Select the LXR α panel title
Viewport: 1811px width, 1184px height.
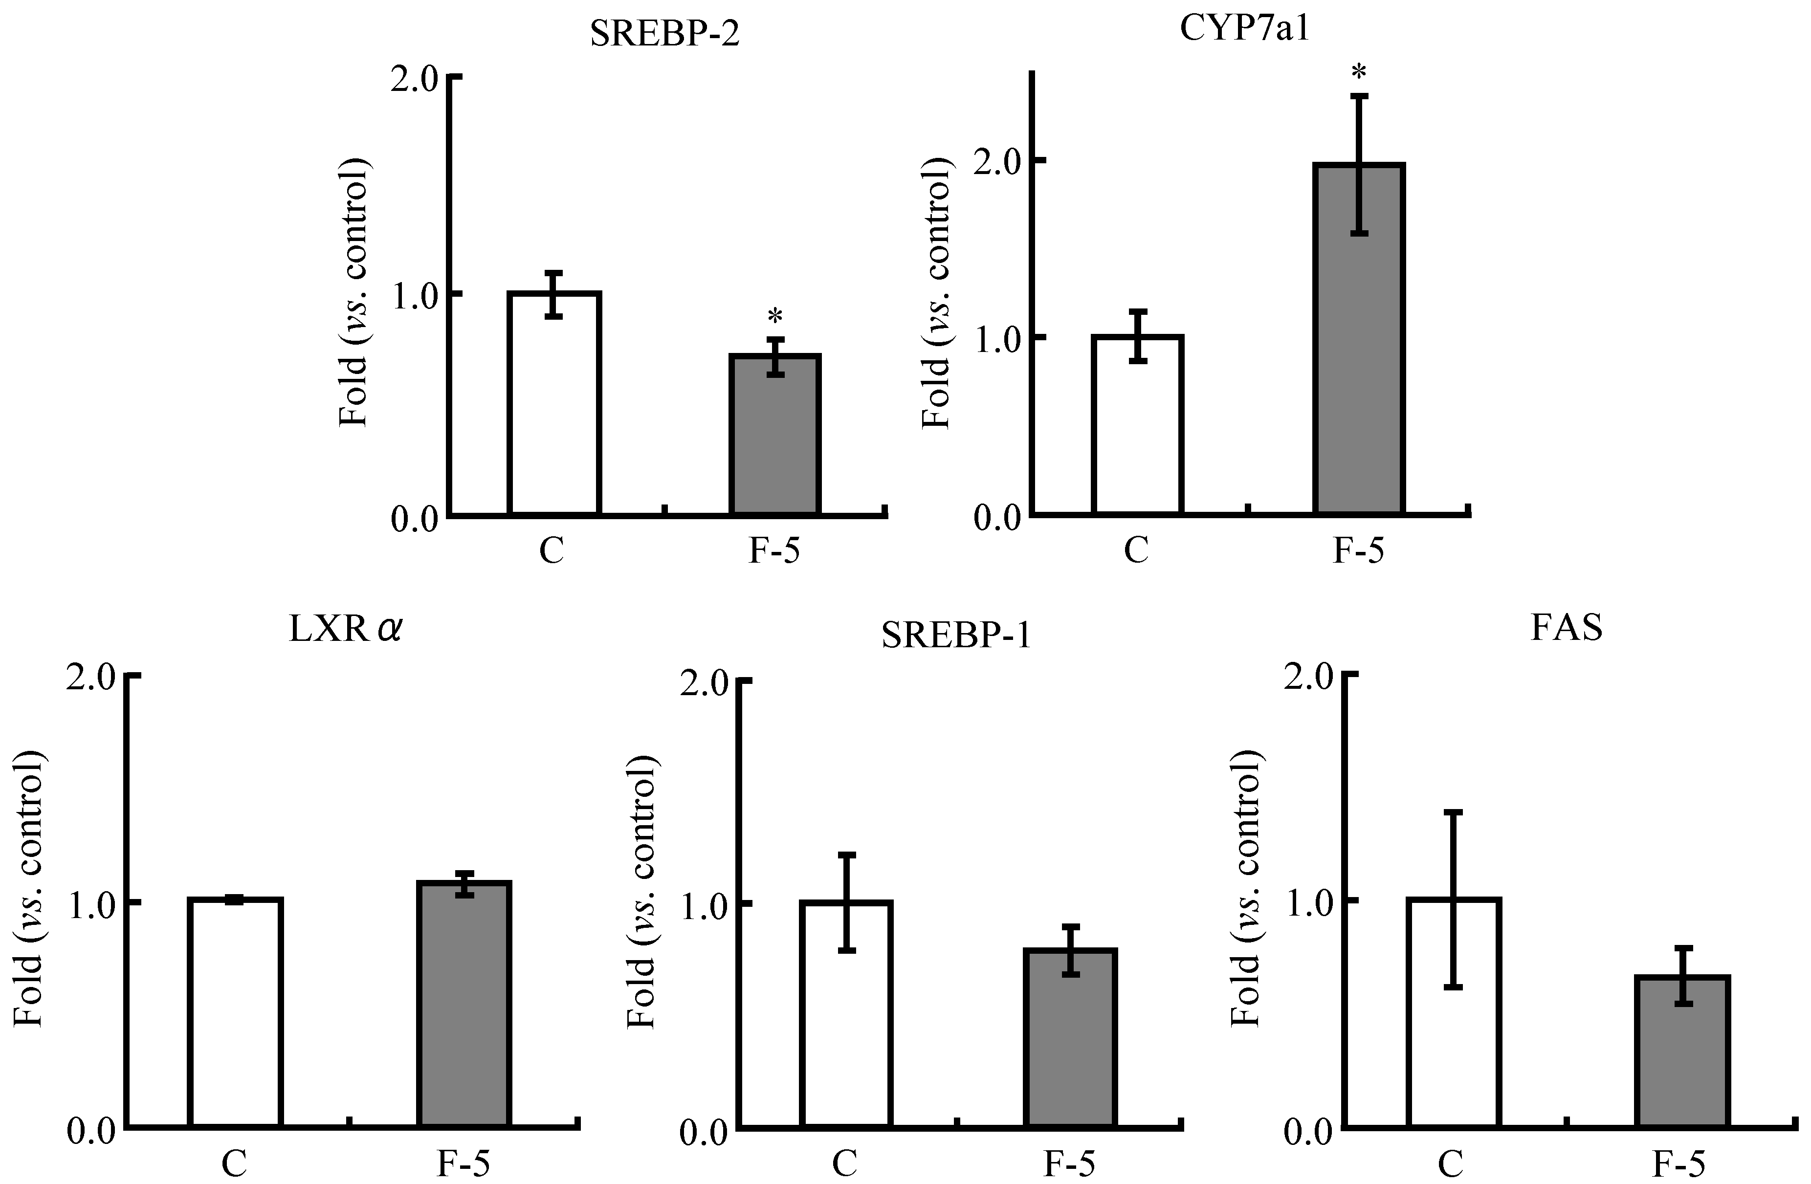point(345,631)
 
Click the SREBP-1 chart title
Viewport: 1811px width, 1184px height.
point(956,636)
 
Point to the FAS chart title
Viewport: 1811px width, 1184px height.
point(1567,628)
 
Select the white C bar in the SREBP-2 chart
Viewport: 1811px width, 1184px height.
point(555,403)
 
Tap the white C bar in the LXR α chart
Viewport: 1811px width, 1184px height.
point(235,1012)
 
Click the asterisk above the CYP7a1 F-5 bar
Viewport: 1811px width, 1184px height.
point(1359,72)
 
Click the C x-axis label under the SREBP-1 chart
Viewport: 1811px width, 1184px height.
point(844,1164)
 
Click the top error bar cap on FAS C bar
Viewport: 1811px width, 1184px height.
point(1454,812)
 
